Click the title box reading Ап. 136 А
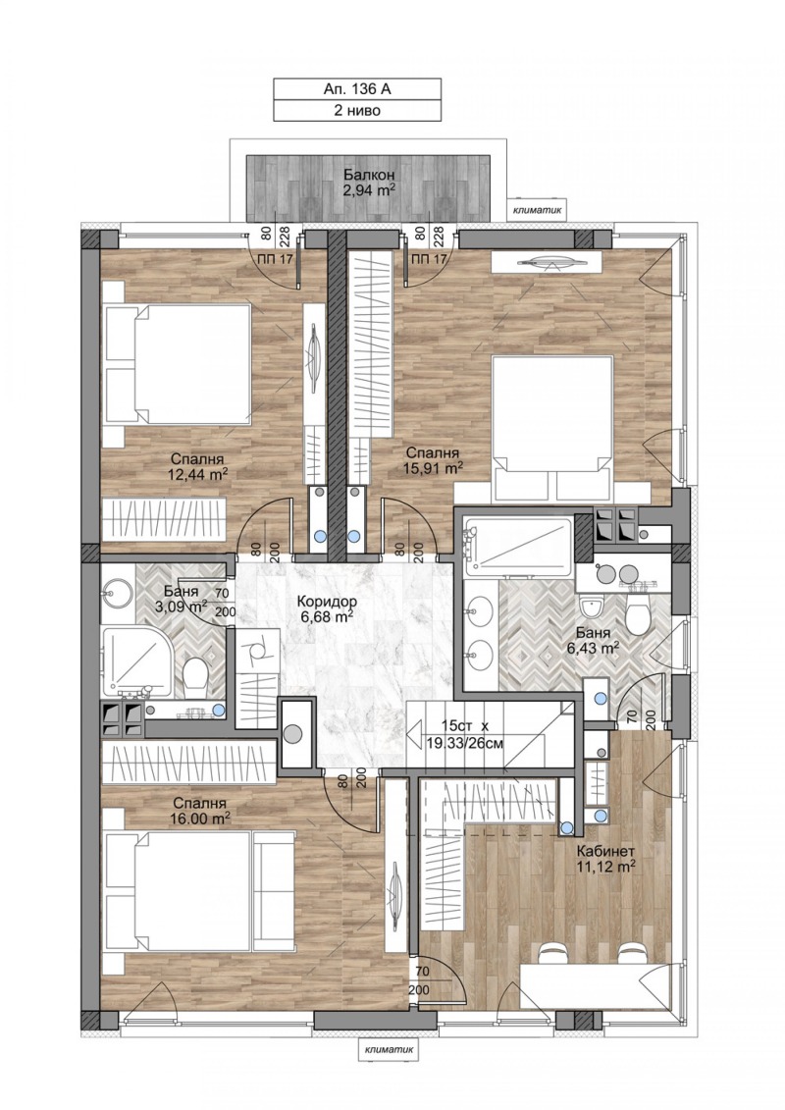pos(357,89)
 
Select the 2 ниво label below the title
pos(357,111)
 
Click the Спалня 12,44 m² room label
pos(197,465)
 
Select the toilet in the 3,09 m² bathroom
pos(195,675)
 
